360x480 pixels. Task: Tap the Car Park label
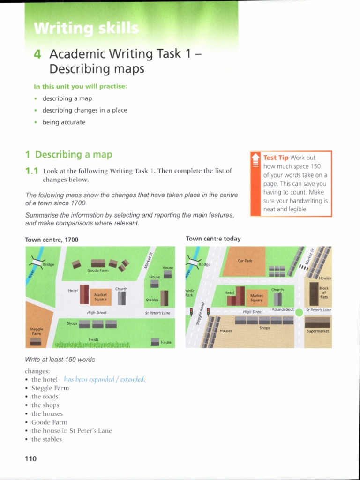click(245, 261)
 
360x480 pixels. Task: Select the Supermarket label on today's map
click(318, 331)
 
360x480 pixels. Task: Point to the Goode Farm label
click(97, 270)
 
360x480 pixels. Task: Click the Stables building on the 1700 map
click(165, 297)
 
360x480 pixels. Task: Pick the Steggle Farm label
click(37, 331)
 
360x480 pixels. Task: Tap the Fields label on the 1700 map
click(94, 339)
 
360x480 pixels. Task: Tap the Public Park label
click(190, 293)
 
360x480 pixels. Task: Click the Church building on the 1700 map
click(121, 298)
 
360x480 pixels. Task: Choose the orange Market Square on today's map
click(257, 298)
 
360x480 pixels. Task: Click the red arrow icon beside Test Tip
click(255, 160)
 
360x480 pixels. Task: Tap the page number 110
click(30, 459)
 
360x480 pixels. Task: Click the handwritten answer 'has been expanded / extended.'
click(105, 379)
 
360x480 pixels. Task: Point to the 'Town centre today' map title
click(213, 239)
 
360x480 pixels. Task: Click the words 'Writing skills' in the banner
click(86, 29)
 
